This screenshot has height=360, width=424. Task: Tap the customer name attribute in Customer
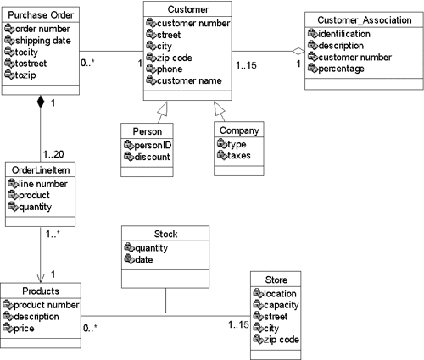click(189, 80)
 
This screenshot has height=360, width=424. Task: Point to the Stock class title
click(166, 235)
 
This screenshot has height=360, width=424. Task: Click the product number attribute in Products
click(47, 306)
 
